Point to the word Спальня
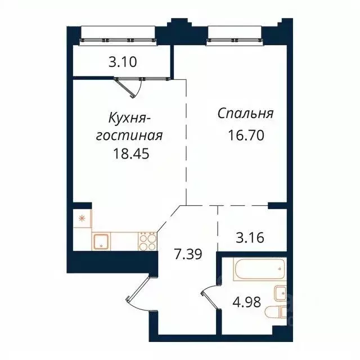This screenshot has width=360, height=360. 246,114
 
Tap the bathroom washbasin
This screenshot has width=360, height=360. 280,293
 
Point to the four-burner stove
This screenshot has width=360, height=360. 148,242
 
